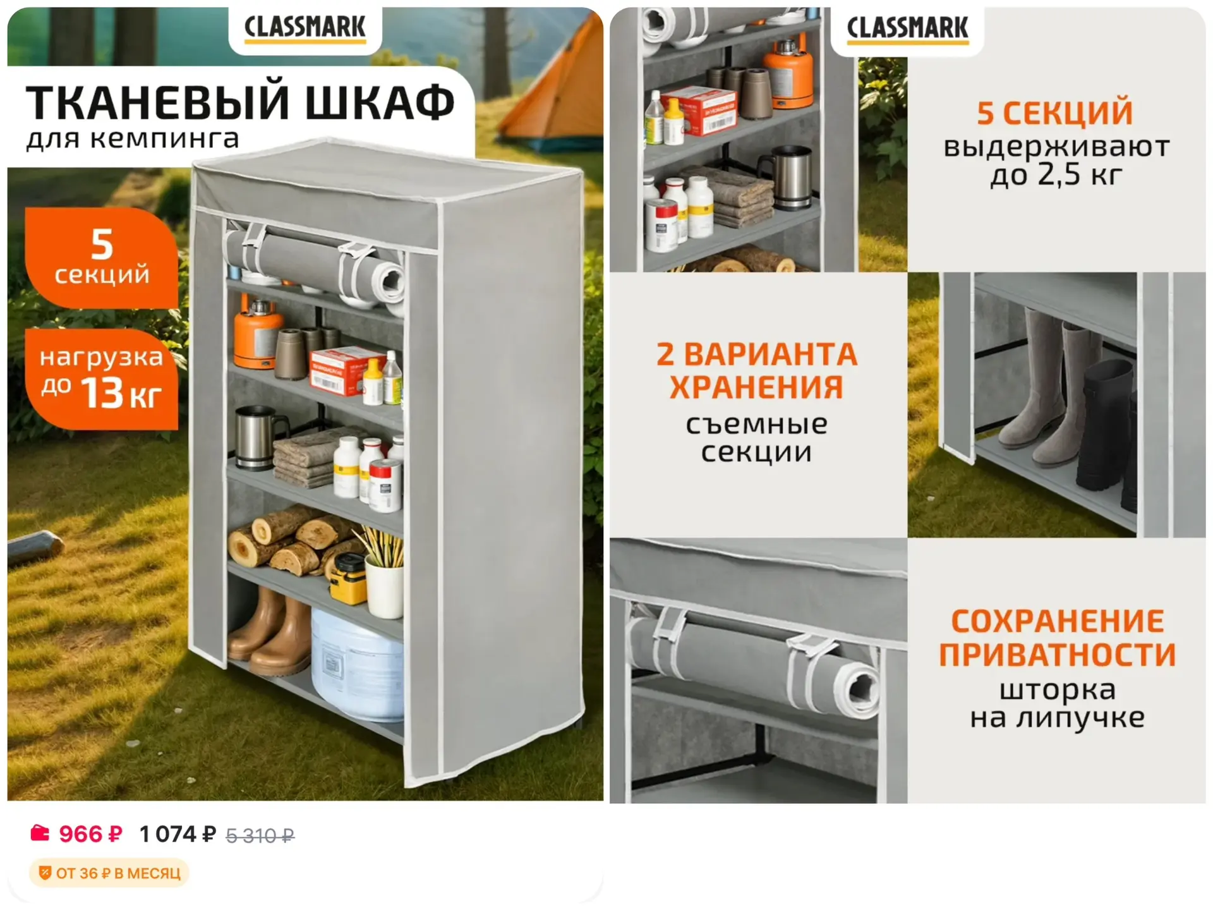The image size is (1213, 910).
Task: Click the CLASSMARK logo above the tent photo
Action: click(x=305, y=28)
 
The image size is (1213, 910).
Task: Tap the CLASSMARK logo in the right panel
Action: click(x=907, y=28)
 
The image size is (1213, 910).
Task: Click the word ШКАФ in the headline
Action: click(x=380, y=102)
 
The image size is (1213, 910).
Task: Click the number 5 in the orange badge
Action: click(x=102, y=244)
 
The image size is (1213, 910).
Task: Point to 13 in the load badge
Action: click(x=102, y=392)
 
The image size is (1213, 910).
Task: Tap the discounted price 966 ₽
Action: click(x=90, y=834)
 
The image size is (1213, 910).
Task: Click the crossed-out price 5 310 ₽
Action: click(x=260, y=836)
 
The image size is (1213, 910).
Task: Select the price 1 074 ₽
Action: click(x=178, y=834)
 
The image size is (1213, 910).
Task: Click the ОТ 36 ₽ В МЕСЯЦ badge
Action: click(x=109, y=873)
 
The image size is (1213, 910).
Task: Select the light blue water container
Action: click(x=358, y=664)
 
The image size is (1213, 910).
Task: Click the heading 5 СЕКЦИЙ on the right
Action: click(x=1055, y=112)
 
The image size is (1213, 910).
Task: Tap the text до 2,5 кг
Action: click(x=1056, y=174)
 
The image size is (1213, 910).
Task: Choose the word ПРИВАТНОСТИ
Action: click(x=1057, y=654)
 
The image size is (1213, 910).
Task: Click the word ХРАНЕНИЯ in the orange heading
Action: click(x=756, y=387)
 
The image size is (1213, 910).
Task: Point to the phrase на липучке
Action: click(x=1057, y=718)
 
